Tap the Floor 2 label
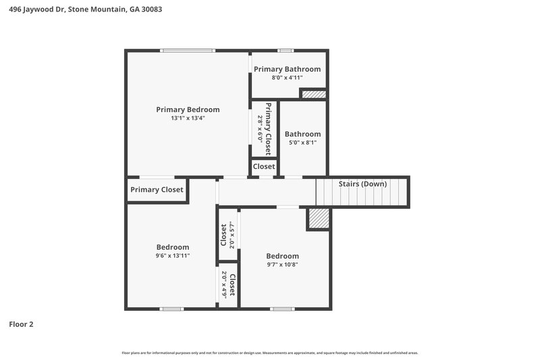[x=21, y=324]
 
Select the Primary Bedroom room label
[x=188, y=109]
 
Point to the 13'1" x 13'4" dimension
[x=188, y=118]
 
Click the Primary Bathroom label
[x=287, y=69]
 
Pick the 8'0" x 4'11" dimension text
[x=287, y=78]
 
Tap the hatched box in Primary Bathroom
[x=313, y=94]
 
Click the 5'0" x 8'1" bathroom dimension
[x=302, y=143]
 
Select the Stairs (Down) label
[x=363, y=184]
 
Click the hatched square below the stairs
[x=319, y=218]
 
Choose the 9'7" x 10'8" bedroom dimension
[x=282, y=265]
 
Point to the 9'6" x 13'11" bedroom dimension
[x=173, y=255]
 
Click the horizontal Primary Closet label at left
[x=157, y=190]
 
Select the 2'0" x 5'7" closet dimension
[x=231, y=236]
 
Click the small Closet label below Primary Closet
[x=264, y=166]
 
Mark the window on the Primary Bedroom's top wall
[x=188, y=51]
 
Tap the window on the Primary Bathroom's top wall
[x=286, y=51]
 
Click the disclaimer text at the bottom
[x=270, y=353]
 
